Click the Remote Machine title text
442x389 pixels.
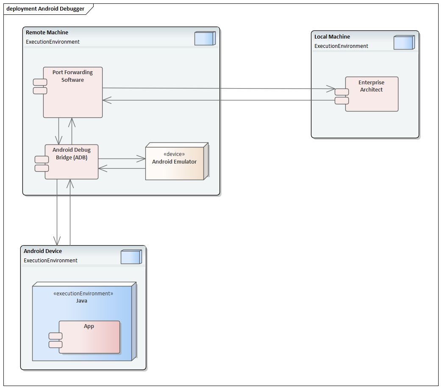47,33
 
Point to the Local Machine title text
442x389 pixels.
332,37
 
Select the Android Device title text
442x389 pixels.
43,251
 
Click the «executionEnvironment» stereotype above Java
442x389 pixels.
83,294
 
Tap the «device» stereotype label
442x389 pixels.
174,154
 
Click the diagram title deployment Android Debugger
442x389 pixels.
45,9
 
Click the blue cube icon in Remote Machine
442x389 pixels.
205,38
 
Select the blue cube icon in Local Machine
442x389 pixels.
404,42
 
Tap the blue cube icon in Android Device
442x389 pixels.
131,257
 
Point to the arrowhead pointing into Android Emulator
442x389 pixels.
141,159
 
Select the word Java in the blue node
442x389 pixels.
82,301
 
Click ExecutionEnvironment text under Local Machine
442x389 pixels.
341,46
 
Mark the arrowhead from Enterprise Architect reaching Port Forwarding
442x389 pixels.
107,100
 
